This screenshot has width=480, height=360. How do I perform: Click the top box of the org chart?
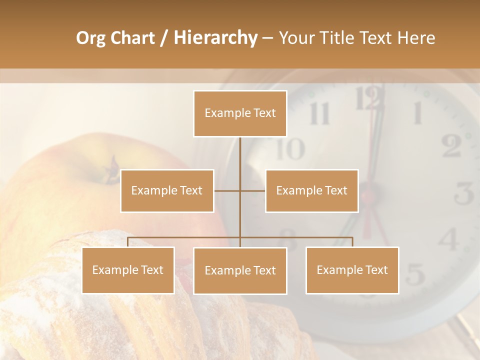(240, 113)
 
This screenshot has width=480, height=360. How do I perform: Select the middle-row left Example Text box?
(167, 190)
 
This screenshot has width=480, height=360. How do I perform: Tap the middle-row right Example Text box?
(311, 190)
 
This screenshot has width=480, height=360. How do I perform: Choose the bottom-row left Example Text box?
(128, 270)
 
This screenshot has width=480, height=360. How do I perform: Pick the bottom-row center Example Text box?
(240, 270)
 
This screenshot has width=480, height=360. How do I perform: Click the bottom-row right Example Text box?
(352, 270)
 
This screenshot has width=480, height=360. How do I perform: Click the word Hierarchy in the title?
(215, 38)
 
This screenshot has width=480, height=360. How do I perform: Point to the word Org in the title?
(90, 38)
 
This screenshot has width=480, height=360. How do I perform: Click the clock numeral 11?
(319, 114)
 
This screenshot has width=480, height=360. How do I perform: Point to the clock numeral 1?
(416, 113)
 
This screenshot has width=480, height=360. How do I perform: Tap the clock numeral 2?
(451, 146)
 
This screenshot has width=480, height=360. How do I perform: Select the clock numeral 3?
(464, 193)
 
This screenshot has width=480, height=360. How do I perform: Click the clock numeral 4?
(448, 239)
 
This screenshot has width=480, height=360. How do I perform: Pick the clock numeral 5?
(415, 274)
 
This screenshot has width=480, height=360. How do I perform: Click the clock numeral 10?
(290, 148)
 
